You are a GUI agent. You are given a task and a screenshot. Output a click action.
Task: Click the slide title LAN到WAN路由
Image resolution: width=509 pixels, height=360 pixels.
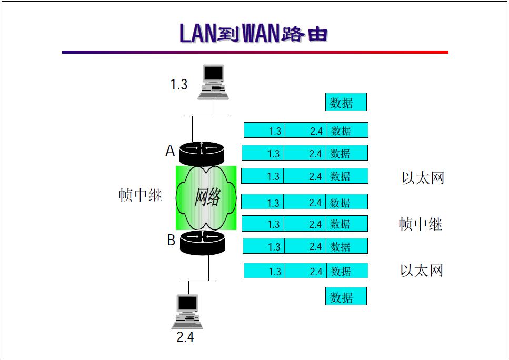[x=254, y=33]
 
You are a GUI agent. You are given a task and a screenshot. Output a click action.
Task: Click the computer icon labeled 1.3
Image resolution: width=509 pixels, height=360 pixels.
[x=213, y=82]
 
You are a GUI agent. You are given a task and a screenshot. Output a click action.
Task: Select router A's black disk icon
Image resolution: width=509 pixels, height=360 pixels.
[x=201, y=153]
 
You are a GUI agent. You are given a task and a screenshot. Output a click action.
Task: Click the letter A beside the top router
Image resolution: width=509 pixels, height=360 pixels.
[x=170, y=151]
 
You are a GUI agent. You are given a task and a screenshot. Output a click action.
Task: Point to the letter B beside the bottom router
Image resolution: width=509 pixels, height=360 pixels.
[x=171, y=240]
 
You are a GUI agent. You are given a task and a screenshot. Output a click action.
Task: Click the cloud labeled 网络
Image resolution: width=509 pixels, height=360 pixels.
[x=206, y=197]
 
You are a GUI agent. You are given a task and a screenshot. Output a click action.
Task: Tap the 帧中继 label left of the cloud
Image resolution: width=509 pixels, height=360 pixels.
[x=140, y=195]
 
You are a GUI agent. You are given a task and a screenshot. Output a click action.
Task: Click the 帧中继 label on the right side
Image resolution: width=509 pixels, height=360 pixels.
[x=420, y=224]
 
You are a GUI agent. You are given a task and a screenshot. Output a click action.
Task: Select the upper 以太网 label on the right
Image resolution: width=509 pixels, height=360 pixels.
[x=423, y=178]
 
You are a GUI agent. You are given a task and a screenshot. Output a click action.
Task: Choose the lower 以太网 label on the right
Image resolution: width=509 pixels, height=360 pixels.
[x=422, y=271]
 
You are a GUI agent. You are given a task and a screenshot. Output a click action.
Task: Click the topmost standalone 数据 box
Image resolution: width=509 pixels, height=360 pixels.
[x=345, y=102]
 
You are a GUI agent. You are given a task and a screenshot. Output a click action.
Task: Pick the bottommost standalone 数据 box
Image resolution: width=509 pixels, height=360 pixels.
[x=345, y=296]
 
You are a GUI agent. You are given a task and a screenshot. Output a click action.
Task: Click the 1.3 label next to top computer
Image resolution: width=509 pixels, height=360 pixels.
[x=178, y=85]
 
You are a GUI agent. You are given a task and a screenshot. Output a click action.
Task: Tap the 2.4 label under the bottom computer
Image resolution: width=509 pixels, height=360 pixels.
[x=185, y=337]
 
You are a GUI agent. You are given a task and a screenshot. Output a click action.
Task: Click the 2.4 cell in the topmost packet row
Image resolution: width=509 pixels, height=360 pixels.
[x=306, y=131]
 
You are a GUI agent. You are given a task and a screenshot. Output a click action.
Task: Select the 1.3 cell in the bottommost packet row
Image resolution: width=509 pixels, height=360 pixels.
[x=264, y=271]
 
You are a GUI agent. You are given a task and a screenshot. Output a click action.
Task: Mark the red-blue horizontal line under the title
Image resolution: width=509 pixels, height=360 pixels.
[x=255, y=52]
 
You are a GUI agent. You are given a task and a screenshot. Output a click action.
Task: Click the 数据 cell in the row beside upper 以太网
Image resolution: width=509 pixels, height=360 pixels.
[x=346, y=176]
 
